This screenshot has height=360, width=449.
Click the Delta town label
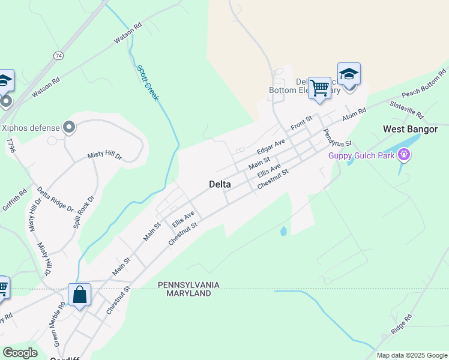(220, 184)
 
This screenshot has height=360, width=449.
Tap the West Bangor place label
(410, 129)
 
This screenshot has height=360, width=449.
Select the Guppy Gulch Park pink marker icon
(405, 156)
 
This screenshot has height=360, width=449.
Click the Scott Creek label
(148, 83)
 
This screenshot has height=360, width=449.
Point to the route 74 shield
(58, 55)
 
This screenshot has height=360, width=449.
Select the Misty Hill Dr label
(104, 155)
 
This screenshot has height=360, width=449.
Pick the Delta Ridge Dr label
(55, 200)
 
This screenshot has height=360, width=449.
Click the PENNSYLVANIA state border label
(189, 284)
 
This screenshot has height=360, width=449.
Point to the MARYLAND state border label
(189, 293)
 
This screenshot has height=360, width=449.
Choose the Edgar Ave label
(270, 146)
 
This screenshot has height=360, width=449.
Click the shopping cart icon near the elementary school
(320, 88)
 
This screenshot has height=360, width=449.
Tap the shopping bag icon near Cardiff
(79, 295)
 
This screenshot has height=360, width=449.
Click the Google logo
(20, 353)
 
